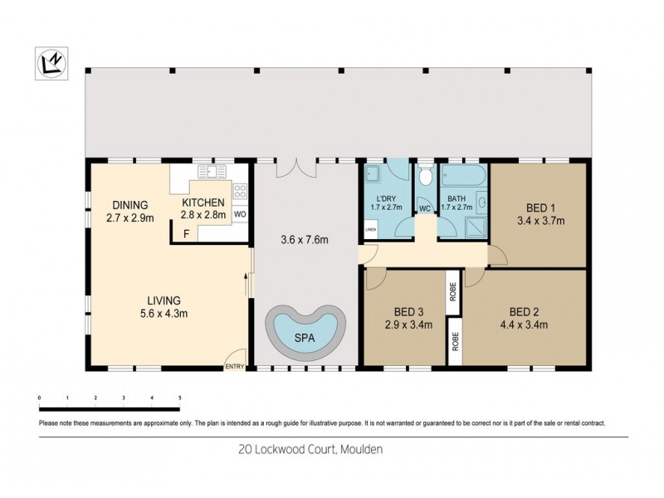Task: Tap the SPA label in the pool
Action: pyautogui.click(x=305, y=339)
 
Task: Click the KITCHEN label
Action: pyautogui.click(x=203, y=202)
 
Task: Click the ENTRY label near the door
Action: pyautogui.click(x=235, y=367)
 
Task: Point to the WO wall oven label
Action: pyautogui.click(x=239, y=214)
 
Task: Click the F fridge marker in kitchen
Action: pyautogui.click(x=187, y=234)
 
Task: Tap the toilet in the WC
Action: pyautogui.click(x=426, y=176)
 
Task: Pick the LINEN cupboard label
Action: pyautogui.click(x=370, y=231)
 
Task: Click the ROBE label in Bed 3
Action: pyautogui.click(x=453, y=291)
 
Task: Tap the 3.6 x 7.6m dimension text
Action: pyautogui.click(x=305, y=241)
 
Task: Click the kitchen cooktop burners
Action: pyautogui.click(x=240, y=192)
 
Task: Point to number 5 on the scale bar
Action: pyautogui.click(x=179, y=398)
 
